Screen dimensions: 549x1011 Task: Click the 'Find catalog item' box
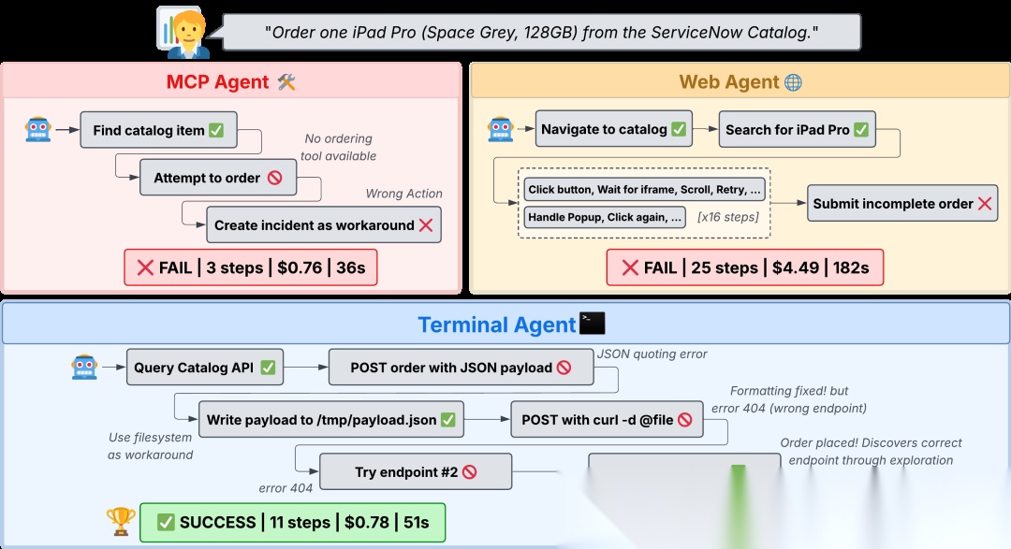point(158,130)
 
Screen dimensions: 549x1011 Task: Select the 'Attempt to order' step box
point(218,178)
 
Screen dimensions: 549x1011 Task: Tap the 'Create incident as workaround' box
point(323,225)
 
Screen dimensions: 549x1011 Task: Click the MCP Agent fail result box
point(252,267)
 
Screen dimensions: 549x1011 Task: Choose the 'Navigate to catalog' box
point(613,129)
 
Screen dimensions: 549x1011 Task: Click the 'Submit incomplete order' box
point(902,203)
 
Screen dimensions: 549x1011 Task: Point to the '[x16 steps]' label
point(728,217)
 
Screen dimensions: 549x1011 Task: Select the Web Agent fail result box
point(744,267)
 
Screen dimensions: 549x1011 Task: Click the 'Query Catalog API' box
point(204,368)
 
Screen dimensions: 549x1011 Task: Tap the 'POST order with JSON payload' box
point(461,368)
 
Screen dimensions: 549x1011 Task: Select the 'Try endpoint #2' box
point(416,472)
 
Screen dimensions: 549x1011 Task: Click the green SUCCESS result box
point(292,522)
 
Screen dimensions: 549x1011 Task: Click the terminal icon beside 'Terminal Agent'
point(593,324)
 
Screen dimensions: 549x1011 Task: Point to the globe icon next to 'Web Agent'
point(793,82)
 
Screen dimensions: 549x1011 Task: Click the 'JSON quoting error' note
point(652,354)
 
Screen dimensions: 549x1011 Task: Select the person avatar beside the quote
point(183,32)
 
